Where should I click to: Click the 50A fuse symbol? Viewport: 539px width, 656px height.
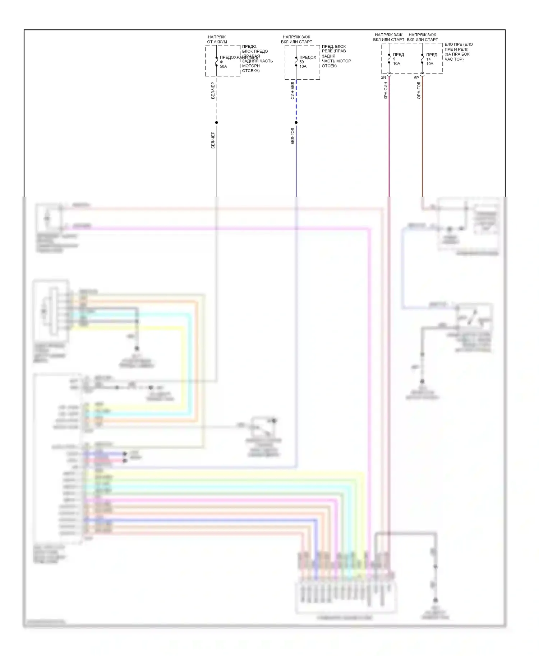pyautogui.click(x=216, y=62)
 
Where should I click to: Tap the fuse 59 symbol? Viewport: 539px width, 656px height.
pyautogui.click(x=296, y=62)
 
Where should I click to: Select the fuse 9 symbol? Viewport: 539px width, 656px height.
pyautogui.click(x=389, y=59)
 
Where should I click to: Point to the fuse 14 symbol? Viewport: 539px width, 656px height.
pyautogui.click(x=422, y=59)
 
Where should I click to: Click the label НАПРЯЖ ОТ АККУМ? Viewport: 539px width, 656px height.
pyautogui.click(x=217, y=39)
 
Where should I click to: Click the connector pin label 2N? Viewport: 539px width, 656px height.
pyautogui.click(x=383, y=77)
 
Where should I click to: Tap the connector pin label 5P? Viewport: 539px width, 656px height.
pyautogui.click(x=416, y=78)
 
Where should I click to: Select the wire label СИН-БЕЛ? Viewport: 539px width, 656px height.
pyautogui.click(x=292, y=90)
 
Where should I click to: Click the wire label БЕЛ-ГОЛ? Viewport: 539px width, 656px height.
pyautogui.click(x=292, y=136)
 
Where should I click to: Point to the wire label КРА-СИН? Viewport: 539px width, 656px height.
pyautogui.click(x=386, y=90)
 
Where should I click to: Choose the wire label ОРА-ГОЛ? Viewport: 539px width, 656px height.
pyautogui.click(x=419, y=90)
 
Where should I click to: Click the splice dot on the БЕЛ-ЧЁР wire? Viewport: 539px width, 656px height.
pyautogui.click(x=216, y=123)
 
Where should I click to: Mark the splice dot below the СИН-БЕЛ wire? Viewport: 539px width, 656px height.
pyautogui.click(x=296, y=123)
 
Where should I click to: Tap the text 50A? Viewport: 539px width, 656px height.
pyautogui.click(x=224, y=66)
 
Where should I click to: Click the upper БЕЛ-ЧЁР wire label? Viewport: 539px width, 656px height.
pyautogui.click(x=213, y=90)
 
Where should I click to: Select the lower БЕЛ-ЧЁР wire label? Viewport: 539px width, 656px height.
pyautogui.click(x=213, y=140)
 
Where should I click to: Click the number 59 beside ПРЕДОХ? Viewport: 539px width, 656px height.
pyautogui.click(x=301, y=62)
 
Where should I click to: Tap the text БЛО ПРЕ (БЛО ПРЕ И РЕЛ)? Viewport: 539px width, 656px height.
pyautogui.click(x=459, y=47)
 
